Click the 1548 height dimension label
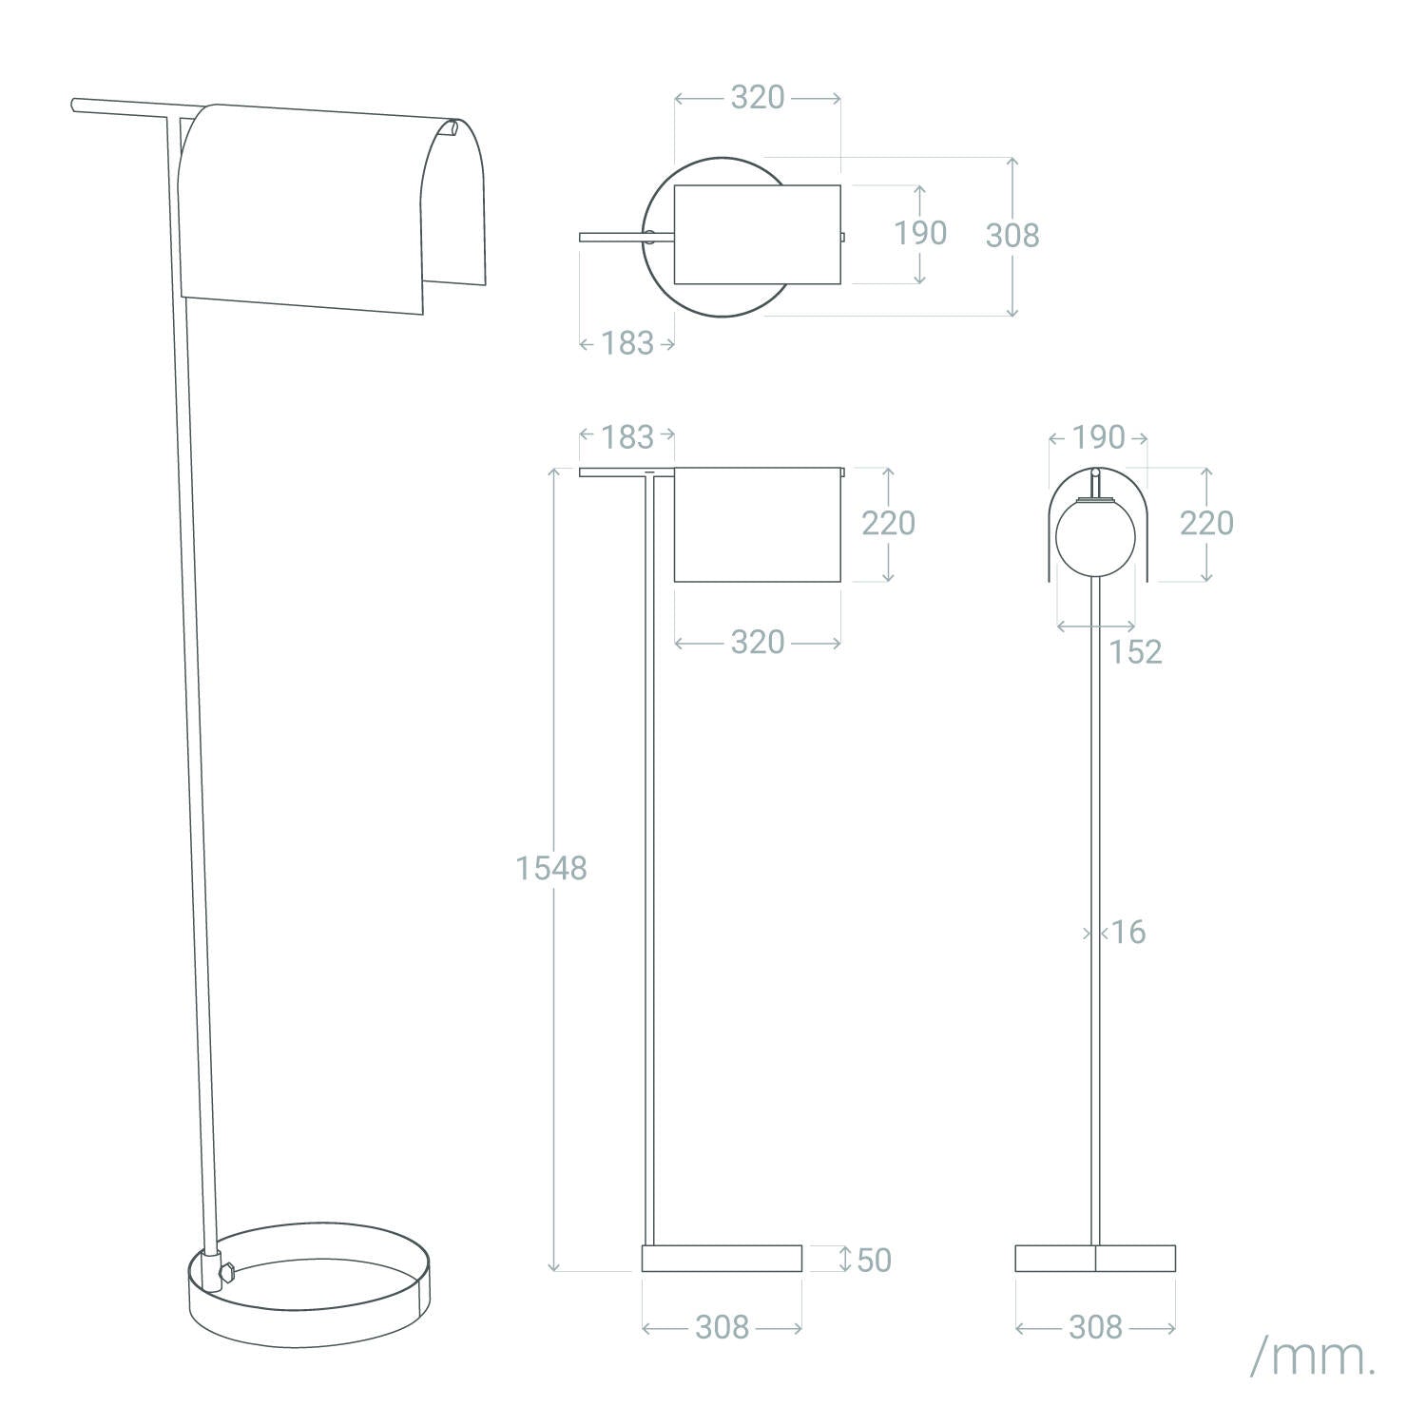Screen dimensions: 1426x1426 (x=551, y=868)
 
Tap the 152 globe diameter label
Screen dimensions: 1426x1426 (x=1136, y=651)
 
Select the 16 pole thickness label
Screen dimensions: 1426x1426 (x=1128, y=932)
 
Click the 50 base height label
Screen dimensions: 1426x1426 (x=875, y=1260)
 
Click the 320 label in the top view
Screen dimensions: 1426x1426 (x=758, y=97)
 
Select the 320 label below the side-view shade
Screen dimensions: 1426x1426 (x=758, y=643)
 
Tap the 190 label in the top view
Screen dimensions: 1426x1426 (x=920, y=233)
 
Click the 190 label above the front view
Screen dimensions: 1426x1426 (x=1098, y=437)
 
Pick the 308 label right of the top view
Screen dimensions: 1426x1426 (x=1012, y=236)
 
